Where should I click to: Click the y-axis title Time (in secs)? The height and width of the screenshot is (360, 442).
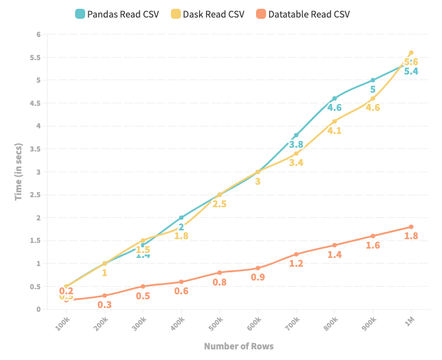click(x=19, y=172)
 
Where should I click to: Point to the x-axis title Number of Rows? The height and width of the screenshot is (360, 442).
click(x=239, y=346)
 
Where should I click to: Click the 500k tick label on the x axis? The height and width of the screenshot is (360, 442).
click(x=216, y=323)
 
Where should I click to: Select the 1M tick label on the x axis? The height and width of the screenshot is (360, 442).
click(x=410, y=321)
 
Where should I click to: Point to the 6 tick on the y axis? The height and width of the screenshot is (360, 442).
click(x=38, y=34)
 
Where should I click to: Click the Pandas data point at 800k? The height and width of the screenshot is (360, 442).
click(x=334, y=98)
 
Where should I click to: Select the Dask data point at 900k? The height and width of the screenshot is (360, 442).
click(x=373, y=98)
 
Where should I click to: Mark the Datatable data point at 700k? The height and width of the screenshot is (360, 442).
click(x=296, y=254)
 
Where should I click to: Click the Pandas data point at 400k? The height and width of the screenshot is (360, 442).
click(x=181, y=217)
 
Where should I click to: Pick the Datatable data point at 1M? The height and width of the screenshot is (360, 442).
click(x=411, y=227)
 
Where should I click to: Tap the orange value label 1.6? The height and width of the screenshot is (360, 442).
click(x=373, y=245)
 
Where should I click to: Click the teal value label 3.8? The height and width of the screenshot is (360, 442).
click(x=296, y=145)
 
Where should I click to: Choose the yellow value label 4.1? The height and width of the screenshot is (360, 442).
click(x=334, y=131)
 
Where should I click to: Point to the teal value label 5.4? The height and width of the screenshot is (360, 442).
click(x=411, y=71)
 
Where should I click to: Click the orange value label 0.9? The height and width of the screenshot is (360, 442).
click(x=257, y=277)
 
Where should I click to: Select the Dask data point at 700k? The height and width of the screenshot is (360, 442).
click(x=296, y=153)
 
